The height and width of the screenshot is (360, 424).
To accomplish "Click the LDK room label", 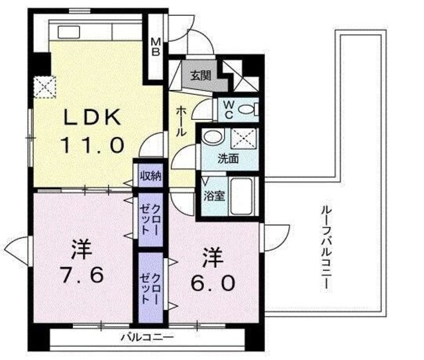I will click(x=93, y=118).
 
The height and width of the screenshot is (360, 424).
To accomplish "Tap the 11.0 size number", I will click(x=93, y=144).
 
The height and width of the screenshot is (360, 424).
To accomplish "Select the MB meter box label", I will click(x=156, y=47).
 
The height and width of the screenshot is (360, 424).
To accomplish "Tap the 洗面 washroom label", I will click(x=229, y=159).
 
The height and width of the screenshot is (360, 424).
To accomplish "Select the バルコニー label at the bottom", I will click(x=147, y=338).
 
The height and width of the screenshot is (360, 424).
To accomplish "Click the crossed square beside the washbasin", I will click(x=246, y=138).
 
